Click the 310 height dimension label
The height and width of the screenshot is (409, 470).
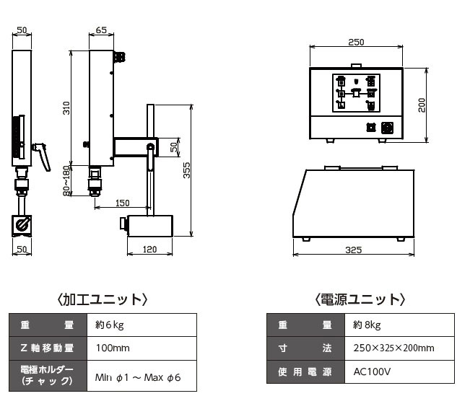(x=66, y=107)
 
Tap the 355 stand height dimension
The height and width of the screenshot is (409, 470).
(x=186, y=170)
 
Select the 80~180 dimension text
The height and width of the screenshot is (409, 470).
(x=66, y=181)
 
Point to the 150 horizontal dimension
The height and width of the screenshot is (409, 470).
(x=122, y=203)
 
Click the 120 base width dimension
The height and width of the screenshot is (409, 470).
(x=149, y=249)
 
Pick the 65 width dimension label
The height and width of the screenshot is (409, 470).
(x=101, y=30)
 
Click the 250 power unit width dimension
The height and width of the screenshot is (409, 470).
(x=356, y=43)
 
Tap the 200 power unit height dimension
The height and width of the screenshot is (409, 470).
(x=422, y=105)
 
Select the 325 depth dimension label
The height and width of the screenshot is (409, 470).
(x=353, y=250)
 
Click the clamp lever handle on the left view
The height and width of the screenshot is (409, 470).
(x=43, y=155)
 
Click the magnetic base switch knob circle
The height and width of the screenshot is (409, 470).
(x=22, y=224)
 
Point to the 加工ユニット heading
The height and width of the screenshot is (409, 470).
(x=103, y=299)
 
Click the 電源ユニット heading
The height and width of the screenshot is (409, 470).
(x=360, y=299)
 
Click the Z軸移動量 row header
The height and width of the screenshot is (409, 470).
(x=48, y=348)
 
